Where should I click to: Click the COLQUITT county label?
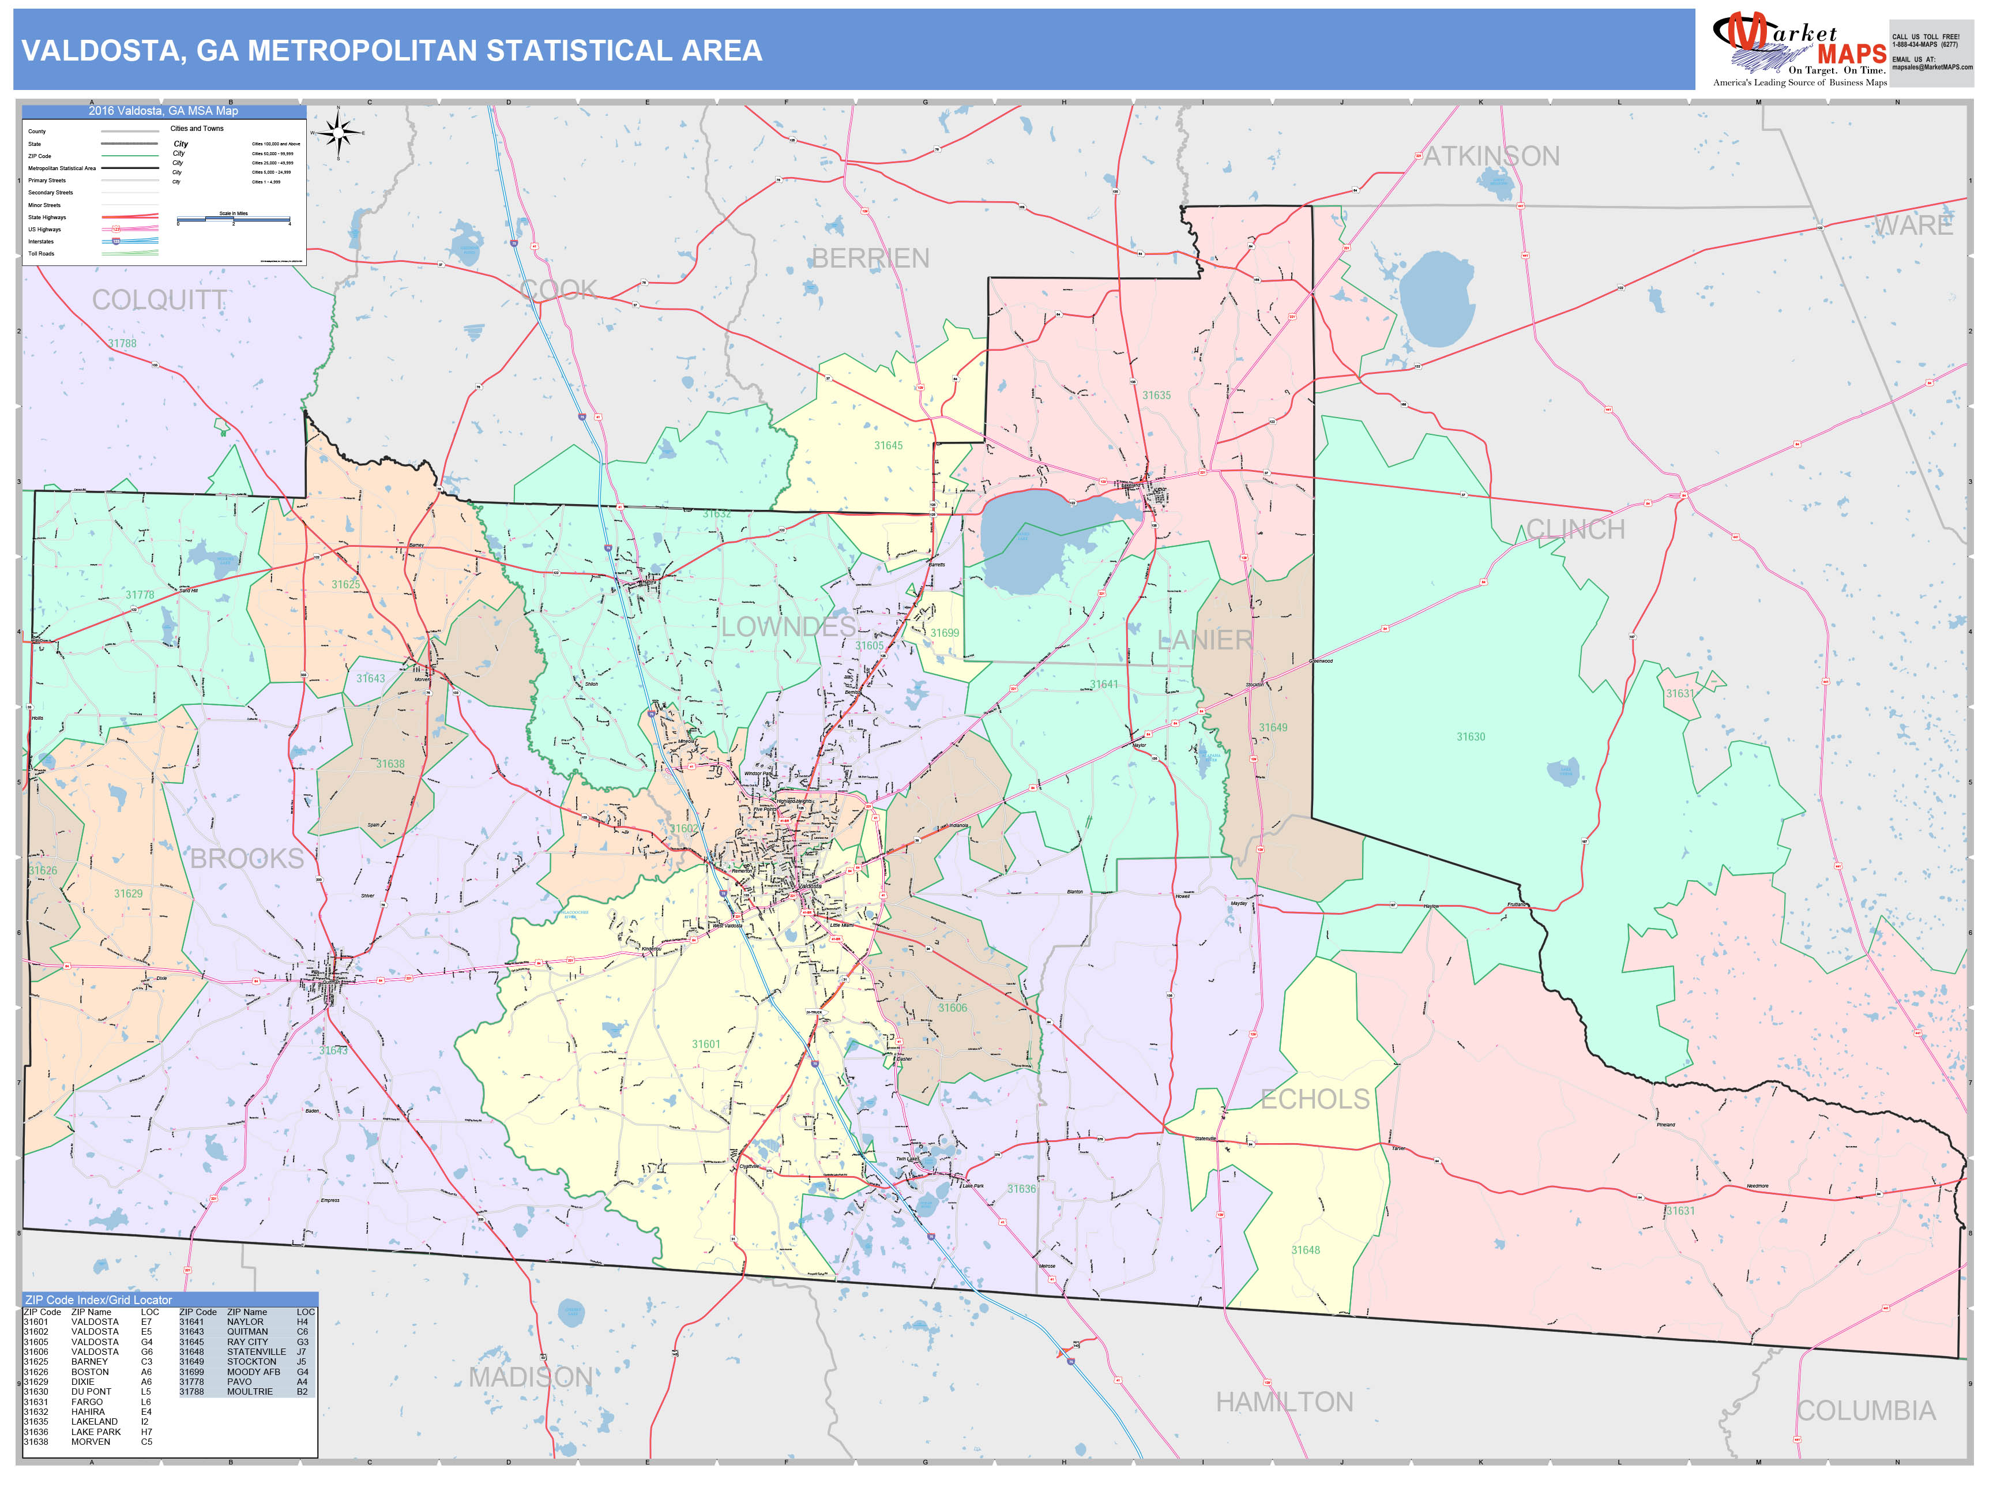[x=160, y=300]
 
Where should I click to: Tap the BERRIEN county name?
[x=870, y=258]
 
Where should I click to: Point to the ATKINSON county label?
[x=1491, y=157]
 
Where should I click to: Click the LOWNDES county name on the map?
[x=788, y=627]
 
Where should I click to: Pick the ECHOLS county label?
[x=1315, y=1099]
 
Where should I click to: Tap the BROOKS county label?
[x=247, y=859]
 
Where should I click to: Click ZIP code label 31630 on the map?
[x=1471, y=737]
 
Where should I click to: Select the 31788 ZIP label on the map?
[x=122, y=343]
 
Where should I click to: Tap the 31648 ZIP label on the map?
[x=1306, y=1250]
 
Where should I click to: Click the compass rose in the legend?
[x=339, y=133]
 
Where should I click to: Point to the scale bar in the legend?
[x=234, y=219]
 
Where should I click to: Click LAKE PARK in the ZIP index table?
[x=96, y=1432]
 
